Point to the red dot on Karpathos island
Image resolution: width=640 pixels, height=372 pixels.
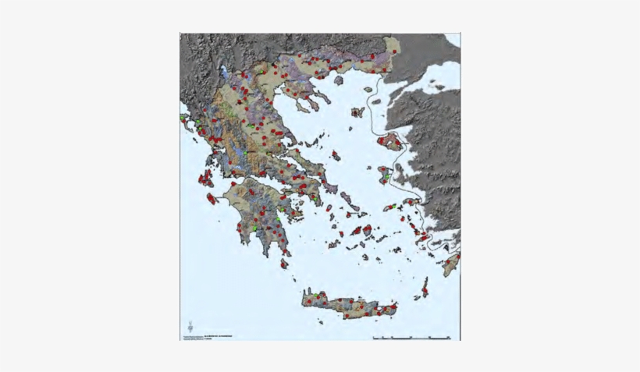click(425, 290)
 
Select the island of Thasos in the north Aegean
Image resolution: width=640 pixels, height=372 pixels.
click(339, 80)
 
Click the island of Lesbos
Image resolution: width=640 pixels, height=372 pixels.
click(389, 143)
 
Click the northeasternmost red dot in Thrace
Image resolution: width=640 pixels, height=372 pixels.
click(396, 52)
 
